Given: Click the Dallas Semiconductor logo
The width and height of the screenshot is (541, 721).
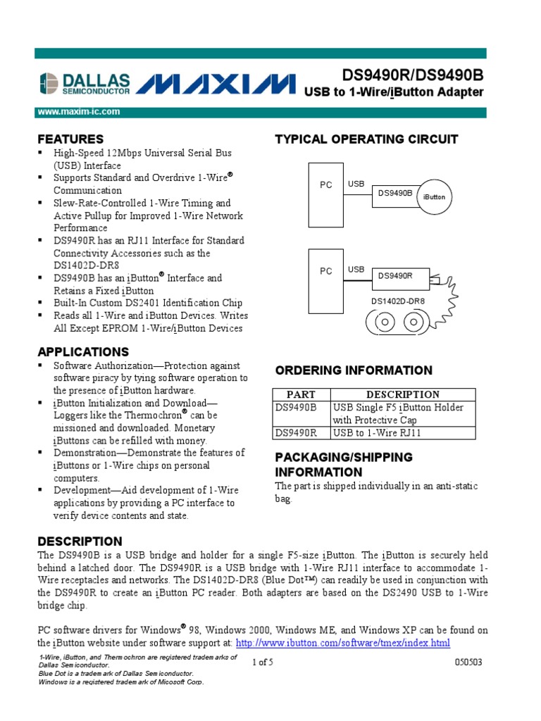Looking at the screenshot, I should pyautogui.click(x=85, y=84).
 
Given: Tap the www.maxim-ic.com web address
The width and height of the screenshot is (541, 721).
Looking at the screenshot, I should pyautogui.click(x=78, y=112).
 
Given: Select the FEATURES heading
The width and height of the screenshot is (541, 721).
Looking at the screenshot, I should pyautogui.click(x=70, y=139).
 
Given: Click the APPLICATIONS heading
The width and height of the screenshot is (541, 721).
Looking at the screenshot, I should pyautogui.click(x=83, y=351).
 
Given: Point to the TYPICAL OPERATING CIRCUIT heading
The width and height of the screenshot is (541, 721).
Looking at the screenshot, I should pyautogui.click(x=366, y=139).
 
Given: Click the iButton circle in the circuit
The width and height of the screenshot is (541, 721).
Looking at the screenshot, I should pyautogui.click(x=435, y=197).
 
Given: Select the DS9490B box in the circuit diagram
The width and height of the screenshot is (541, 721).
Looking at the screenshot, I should pyautogui.click(x=395, y=192).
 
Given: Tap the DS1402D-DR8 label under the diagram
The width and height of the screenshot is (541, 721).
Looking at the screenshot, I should pyautogui.click(x=398, y=301).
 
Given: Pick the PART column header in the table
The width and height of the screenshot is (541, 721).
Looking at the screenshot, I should pyautogui.click(x=300, y=394).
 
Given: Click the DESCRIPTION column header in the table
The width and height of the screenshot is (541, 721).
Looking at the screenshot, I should pyautogui.click(x=403, y=394).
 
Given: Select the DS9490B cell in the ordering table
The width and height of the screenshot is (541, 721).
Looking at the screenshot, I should pyautogui.click(x=297, y=408).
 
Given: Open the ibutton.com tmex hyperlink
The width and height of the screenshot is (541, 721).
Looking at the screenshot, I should pyautogui.click(x=342, y=644).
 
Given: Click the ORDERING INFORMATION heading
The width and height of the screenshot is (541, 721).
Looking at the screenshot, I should pyautogui.click(x=354, y=370).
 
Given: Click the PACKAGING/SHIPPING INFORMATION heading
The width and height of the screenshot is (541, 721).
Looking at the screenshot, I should pyautogui.click(x=343, y=465).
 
